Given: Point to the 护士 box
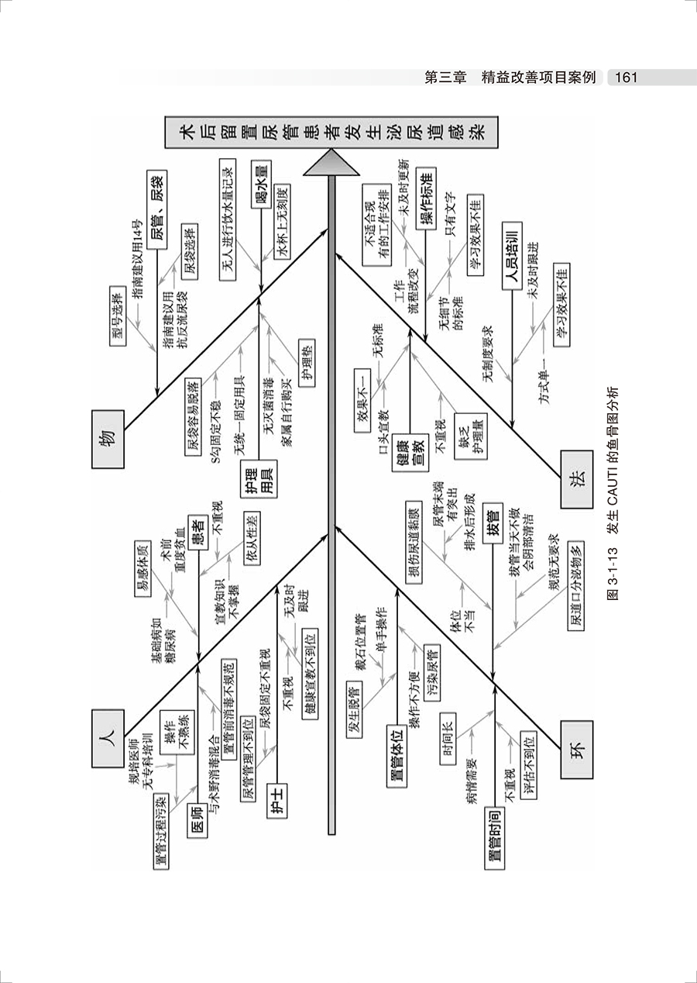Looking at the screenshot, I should tap(276, 793).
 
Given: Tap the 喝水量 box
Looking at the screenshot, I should tap(262, 184).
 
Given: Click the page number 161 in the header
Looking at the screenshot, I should tap(623, 78).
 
